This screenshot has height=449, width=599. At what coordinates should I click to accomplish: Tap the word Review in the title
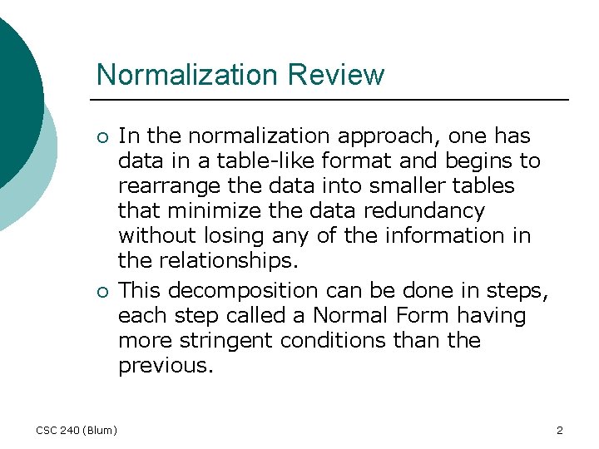pos(336,75)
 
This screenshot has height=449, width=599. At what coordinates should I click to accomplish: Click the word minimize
pos(202,210)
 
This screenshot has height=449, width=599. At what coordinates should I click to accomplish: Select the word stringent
pos(219,342)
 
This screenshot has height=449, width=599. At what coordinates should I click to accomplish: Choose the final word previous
pos(164,367)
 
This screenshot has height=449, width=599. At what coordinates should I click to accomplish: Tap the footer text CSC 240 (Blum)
pos(77,430)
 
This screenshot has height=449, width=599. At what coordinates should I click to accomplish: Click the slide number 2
pos(559,430)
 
